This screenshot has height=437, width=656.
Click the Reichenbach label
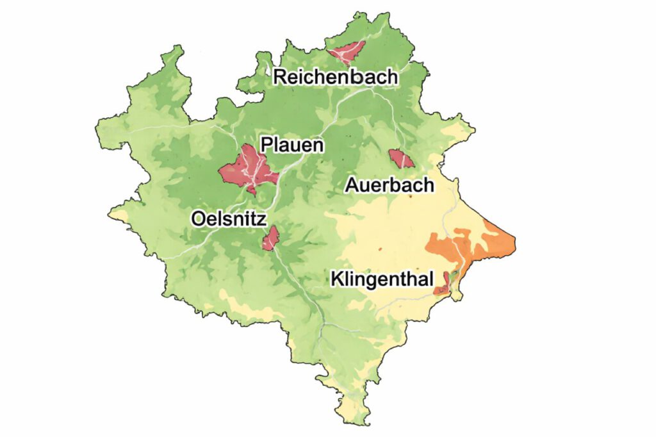pyautogui.click(x=335, y=77)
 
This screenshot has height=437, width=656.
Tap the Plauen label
pyautogui.click(x=291, y=144)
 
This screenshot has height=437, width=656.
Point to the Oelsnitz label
pyautogui.click(x=228, y=219)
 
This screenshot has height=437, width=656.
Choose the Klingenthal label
pyautogui.click(x=382, y=279)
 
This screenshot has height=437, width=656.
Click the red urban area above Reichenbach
pyautogui.click(x=346, y=51)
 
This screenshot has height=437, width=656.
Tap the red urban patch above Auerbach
pyautogui.click(x=400, y=158)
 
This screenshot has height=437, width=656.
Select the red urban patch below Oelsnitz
pyautogui.click(x=270, y=238)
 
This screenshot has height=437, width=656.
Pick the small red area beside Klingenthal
pyautogui.click(x=442, y=284)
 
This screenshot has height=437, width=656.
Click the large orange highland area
pyautogui.click(x=461, y=247)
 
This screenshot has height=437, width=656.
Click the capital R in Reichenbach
pyautogui.click(x=280, y=78)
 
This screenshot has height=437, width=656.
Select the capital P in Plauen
pyautogui.click(x=266, y=144)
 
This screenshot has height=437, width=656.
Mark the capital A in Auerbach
pyautogui.click(x=352, y=185)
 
